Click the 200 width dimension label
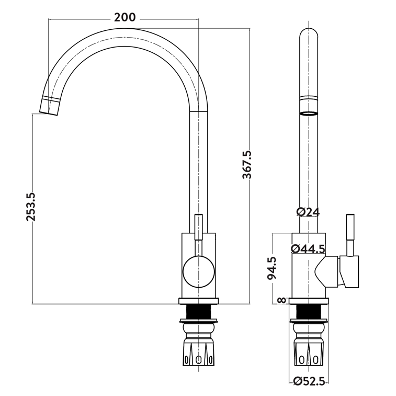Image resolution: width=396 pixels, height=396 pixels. tap(125, 17)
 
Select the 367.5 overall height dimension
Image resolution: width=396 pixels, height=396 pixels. tap(247, 165)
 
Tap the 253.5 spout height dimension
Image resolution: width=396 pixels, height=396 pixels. tap(31, 207)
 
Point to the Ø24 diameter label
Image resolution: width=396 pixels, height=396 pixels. tap(308, 212)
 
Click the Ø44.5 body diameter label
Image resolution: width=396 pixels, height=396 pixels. tap(308, 249)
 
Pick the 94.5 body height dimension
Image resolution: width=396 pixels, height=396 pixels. tap(272, 268)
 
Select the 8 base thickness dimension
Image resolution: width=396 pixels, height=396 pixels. tap(281, 300)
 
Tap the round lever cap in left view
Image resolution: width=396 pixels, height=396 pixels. tap(198, 271)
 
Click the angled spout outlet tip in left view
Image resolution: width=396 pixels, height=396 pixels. tap(50, 106)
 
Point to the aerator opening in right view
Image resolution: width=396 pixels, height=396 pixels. tap(309, 113)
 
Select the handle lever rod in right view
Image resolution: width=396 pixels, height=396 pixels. tap(350, 235)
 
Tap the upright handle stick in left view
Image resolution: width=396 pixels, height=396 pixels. tap(198, 227)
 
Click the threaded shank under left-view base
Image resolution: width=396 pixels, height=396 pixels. tap(198, 312)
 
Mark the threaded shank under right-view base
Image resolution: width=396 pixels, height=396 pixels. tap(309, 312)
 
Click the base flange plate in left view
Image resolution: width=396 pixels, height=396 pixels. tap(198, 301)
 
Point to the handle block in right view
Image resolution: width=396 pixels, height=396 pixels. tap(349, 271)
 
